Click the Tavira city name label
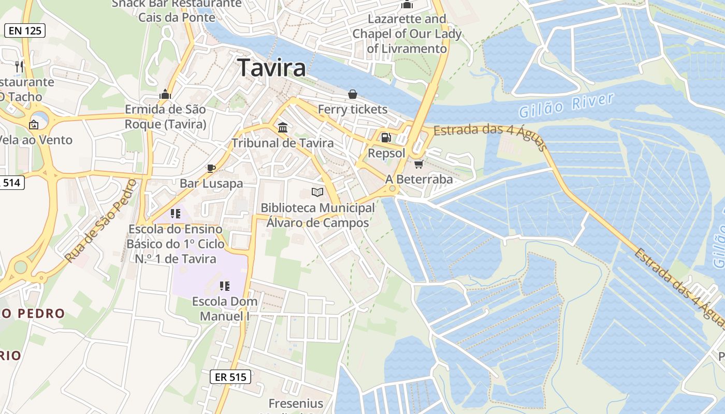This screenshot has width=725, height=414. tap(271, 68)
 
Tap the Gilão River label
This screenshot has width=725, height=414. tap(566, 106)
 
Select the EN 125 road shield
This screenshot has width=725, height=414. tap(25, 31)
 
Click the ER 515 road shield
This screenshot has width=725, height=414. tap(230, 377)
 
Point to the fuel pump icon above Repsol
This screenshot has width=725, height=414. tap(386, 137)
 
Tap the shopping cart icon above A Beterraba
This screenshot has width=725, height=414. tap(418, 164)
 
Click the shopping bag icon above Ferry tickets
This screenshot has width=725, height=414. tap(353, 94)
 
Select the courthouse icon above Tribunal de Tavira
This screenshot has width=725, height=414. tap(283, 127)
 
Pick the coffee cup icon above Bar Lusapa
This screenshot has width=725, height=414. tap(211, 168)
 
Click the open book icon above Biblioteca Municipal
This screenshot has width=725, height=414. tap(317, 193)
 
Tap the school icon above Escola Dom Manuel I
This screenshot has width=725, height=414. tap(225, 286)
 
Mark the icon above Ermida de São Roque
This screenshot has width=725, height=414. tap(166, 94)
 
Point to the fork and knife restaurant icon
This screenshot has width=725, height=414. tap(20, 66)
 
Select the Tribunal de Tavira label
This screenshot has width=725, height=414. tap(283, 143)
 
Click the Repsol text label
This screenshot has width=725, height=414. tap(386, 153)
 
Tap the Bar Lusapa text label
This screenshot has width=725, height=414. tap(211, 183)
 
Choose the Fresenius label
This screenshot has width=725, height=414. tap(296, 403)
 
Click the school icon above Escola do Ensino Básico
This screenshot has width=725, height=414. tap(175, 213)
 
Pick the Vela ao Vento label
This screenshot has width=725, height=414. tap(36, 140)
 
